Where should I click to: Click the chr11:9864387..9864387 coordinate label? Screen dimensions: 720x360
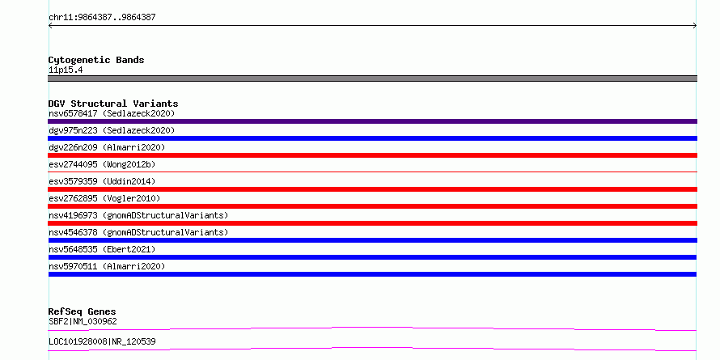click(102, 18)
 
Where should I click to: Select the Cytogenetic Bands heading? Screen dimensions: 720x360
click(96, 60)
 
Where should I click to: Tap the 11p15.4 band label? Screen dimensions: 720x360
click(66, 70)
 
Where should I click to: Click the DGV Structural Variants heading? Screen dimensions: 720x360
click(113, 104)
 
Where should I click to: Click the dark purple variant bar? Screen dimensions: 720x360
click(372, 121)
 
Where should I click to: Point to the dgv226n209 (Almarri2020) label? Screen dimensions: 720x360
click(107, 147)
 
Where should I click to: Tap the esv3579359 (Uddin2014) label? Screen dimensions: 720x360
click(102, 181)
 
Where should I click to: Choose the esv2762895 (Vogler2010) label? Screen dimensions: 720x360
click(104, 198)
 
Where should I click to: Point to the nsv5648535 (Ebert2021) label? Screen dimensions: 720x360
click(102, 249)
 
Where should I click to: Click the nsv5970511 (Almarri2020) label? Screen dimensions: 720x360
click(107, 266)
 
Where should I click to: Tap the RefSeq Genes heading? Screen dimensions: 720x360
click(82, 311)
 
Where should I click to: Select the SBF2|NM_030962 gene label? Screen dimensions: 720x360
click(83, 321)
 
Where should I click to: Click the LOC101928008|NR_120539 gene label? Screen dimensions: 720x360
click(102, 341)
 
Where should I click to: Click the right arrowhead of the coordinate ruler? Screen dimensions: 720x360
click(696, 26)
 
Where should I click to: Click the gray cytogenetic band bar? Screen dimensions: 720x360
click(372, 78)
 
